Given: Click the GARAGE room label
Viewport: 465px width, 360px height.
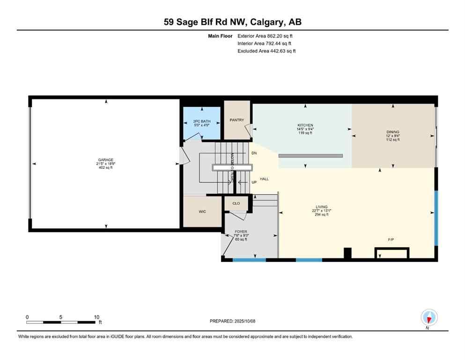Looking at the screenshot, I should (105, 160).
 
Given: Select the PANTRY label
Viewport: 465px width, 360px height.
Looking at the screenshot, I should (236, 120).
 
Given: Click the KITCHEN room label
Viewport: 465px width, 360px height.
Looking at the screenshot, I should (305, 125).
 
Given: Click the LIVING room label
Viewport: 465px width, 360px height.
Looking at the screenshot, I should (321, 207).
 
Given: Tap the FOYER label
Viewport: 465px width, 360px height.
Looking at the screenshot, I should (241, 232).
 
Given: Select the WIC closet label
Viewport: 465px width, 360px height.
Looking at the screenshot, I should (202, 211).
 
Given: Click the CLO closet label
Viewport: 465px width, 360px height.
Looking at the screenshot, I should (236, 203).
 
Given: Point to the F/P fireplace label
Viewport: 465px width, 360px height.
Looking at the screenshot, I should (391, 240).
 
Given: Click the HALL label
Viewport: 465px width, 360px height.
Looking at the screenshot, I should (264, 179).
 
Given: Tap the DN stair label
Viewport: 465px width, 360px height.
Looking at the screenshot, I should (254, 153).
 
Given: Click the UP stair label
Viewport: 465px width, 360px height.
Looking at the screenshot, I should (254, 182).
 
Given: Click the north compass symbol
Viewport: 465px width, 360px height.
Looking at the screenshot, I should (429, 318).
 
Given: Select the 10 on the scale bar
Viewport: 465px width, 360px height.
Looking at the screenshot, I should (96, 317).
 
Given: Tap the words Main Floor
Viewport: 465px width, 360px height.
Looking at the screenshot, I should (221, 36).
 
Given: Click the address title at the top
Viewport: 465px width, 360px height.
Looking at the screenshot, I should (232, 22).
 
